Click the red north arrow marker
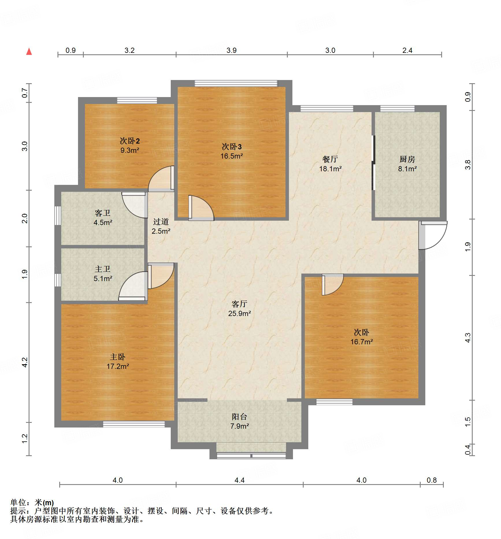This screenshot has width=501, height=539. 29,51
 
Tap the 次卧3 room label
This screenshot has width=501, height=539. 231,147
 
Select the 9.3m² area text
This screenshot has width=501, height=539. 130,150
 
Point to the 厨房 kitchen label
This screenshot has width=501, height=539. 407,159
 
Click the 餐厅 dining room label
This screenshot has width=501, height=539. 330,159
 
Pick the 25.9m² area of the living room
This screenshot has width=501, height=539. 240,313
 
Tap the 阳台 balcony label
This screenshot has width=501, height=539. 239,417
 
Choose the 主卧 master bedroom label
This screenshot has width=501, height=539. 118,357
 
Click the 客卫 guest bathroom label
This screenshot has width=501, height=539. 103,213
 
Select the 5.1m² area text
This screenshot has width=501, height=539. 103,278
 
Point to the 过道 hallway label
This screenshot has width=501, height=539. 161,222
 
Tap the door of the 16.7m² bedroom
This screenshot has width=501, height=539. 333,285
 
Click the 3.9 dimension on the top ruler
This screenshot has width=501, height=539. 231,51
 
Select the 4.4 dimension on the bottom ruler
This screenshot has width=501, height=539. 239,480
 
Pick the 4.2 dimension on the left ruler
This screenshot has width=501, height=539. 25,362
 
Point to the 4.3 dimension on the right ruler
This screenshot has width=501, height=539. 468,338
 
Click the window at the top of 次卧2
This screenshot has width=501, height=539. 137,101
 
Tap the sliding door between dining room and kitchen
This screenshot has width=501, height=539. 373,163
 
